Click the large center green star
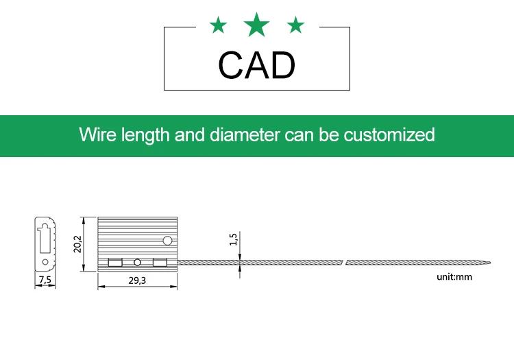[x=257, y=25]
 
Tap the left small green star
[x=218, y=26]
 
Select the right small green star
[x=295, y=26]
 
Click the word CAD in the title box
[x=257, y=65]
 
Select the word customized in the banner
[x=389, y=134]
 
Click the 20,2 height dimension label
[x=78, y=243]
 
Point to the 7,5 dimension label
[x=45, y=280]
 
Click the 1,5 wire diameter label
[x=233, y=239]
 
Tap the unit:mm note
[x=454, y=277]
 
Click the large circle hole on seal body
[x=167, y=241]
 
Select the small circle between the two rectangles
[x=137, y=262]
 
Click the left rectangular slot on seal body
[x=115, y=262]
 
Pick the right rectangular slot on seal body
[x=160, y=262]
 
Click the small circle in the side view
[x=45, y=262]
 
